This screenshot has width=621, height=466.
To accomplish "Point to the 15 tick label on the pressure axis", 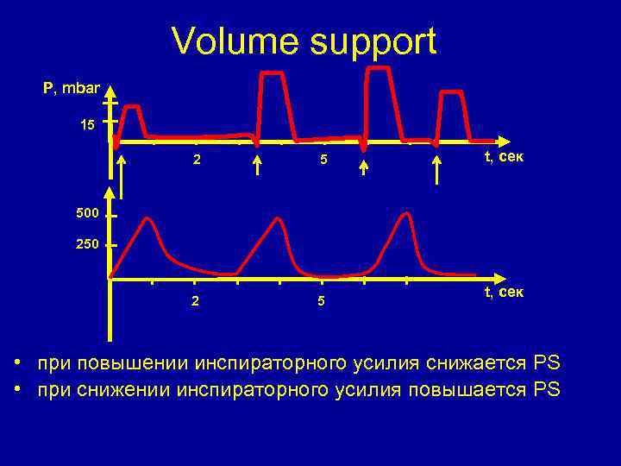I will (x=87, y=125).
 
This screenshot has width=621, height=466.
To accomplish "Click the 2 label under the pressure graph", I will (x=197, y=160).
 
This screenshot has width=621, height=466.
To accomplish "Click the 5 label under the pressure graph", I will (x=321, y=160).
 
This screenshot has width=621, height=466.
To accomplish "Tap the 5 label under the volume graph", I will (x=321, y=302).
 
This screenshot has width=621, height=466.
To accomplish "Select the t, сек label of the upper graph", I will (x=504, y=157).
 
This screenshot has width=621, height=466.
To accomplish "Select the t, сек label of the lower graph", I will (x=504, y=292).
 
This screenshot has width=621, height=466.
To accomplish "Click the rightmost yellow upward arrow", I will (x=436, y=170).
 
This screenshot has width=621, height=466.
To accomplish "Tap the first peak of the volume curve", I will (x=148, y=219).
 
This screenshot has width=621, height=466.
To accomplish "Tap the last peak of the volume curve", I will (x=403, y=213).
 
